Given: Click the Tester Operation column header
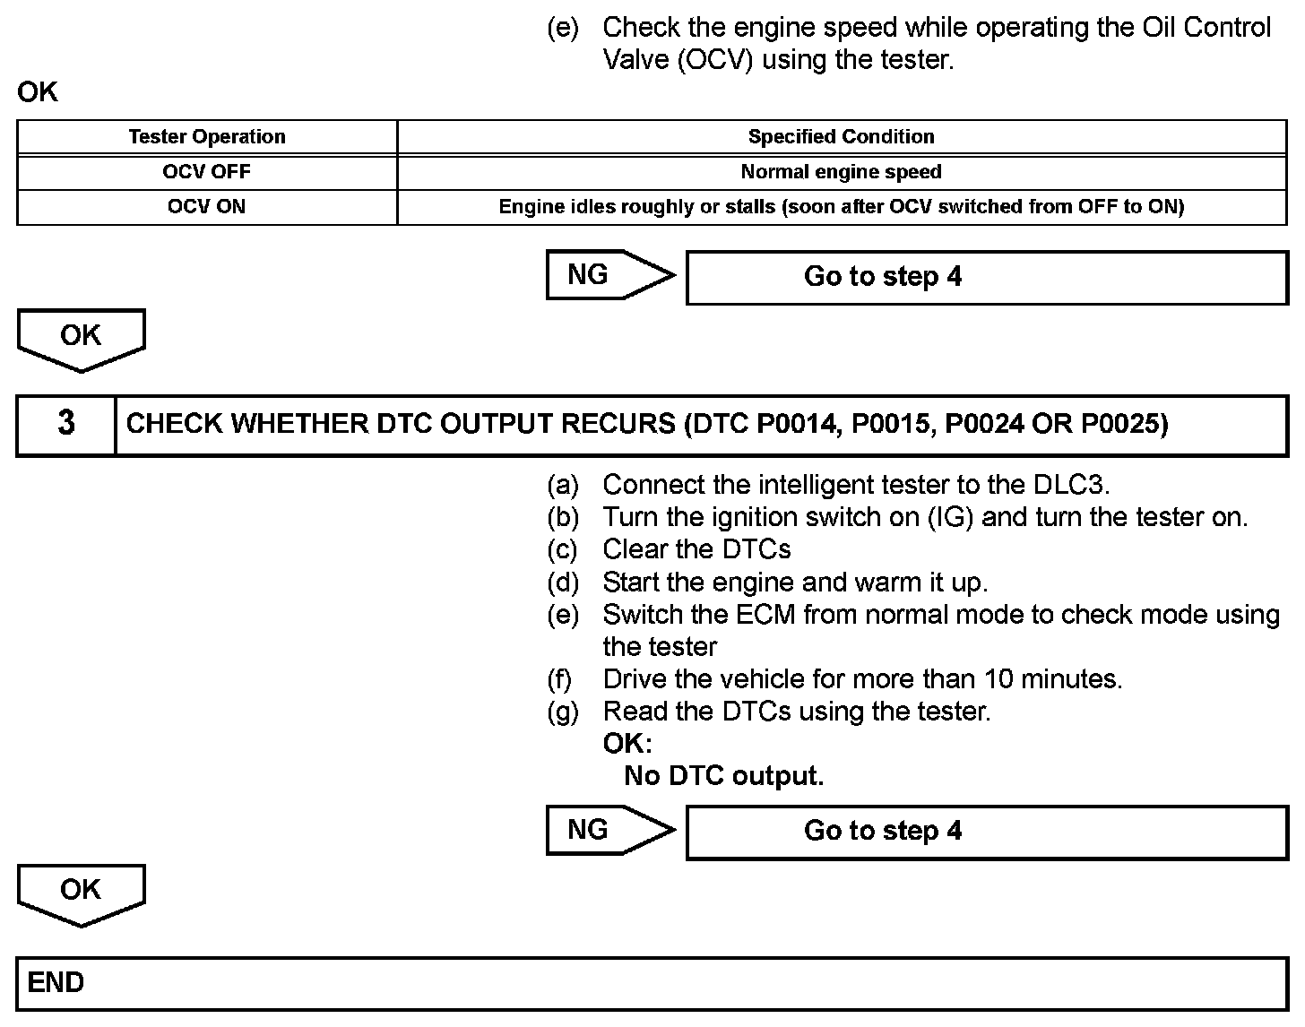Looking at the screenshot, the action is tap(207, 137).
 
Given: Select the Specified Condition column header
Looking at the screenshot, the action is tap(841, 137).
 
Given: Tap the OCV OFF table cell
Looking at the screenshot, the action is tap(207, 172).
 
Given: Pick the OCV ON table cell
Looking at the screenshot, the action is tap(207, 207).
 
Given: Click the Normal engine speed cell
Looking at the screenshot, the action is tap(841, 172).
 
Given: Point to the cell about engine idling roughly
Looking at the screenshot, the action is tap(841, 207).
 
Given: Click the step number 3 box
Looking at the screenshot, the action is tap(66, 424).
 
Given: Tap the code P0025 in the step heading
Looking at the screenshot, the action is tap(1124, 424).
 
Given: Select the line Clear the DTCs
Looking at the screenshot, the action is tap(696, 549).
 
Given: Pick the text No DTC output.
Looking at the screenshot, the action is tap(723, 776).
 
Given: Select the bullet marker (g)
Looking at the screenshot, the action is tap(563, 712).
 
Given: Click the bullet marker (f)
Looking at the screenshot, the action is tap(560, 679).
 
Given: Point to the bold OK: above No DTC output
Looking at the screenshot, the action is tap(627, 744).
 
